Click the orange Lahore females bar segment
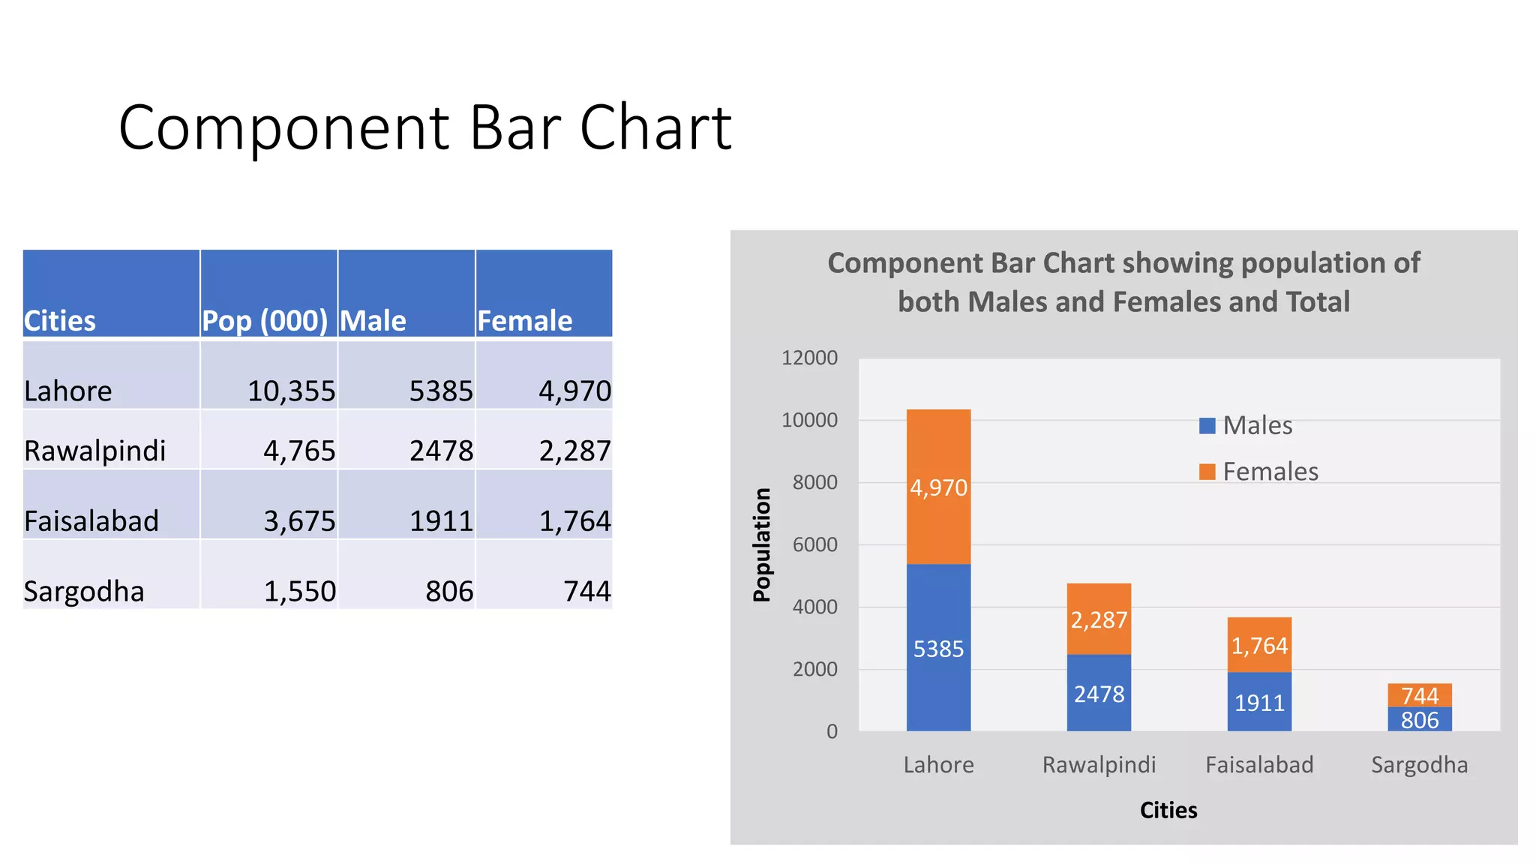coord(938,487)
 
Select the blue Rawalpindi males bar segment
coord(1099,693)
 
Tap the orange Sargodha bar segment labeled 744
coord(1419,694)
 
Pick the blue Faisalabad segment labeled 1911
coord(1259,702)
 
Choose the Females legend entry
coord(1258,472)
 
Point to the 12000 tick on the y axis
coord(809,358)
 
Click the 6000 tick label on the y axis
coord(814,544)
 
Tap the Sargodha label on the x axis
coord(1419,764)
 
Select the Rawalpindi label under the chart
coord(1099,764)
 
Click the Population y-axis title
coord(762,544)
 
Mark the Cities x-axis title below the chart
coord(1168,810)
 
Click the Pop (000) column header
coord(265,320)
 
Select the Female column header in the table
coord(524,320)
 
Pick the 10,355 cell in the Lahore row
coord(291,391)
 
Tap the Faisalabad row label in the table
coord(91,520)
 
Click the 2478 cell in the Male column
coord(441,451)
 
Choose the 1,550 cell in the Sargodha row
coord(299,591)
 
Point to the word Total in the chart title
coord(1318,301)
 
